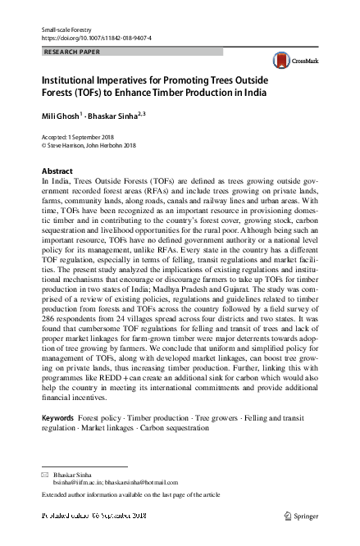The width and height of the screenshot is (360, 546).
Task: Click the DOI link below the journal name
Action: tap(96, 39)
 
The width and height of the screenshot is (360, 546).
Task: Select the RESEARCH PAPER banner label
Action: tap(69, 51)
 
